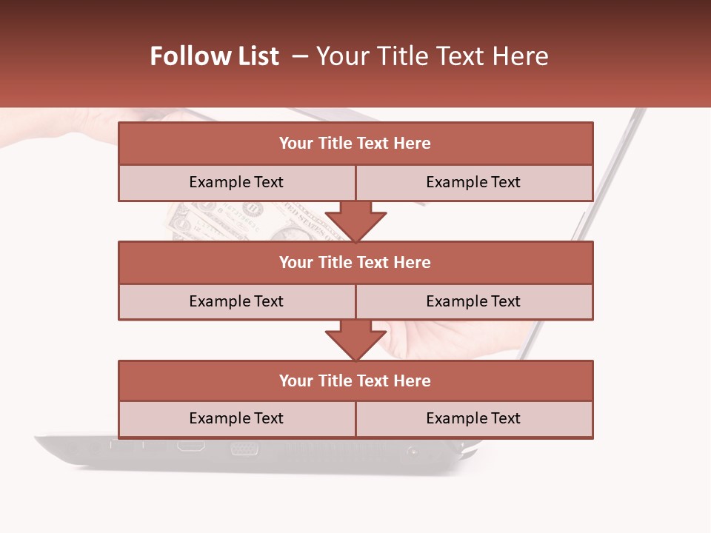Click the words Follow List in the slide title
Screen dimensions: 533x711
(214, 56)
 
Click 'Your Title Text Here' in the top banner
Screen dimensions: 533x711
(433, 56)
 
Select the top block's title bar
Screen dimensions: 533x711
(355, 144)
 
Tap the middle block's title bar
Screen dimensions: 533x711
(355, 262)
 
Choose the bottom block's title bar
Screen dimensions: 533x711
(355, 381)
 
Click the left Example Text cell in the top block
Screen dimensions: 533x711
(237, 183)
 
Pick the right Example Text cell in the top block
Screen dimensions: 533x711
(474, 183)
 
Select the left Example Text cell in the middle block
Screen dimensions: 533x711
(237, 301)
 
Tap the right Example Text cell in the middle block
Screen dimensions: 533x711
(474, 301)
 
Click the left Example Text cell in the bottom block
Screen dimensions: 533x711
(237, 418)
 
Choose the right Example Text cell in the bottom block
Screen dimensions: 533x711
(474, 418)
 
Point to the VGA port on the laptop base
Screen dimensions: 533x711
(244, 448)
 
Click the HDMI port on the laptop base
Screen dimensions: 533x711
(190, 446)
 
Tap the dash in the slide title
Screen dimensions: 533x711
(300, 56)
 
